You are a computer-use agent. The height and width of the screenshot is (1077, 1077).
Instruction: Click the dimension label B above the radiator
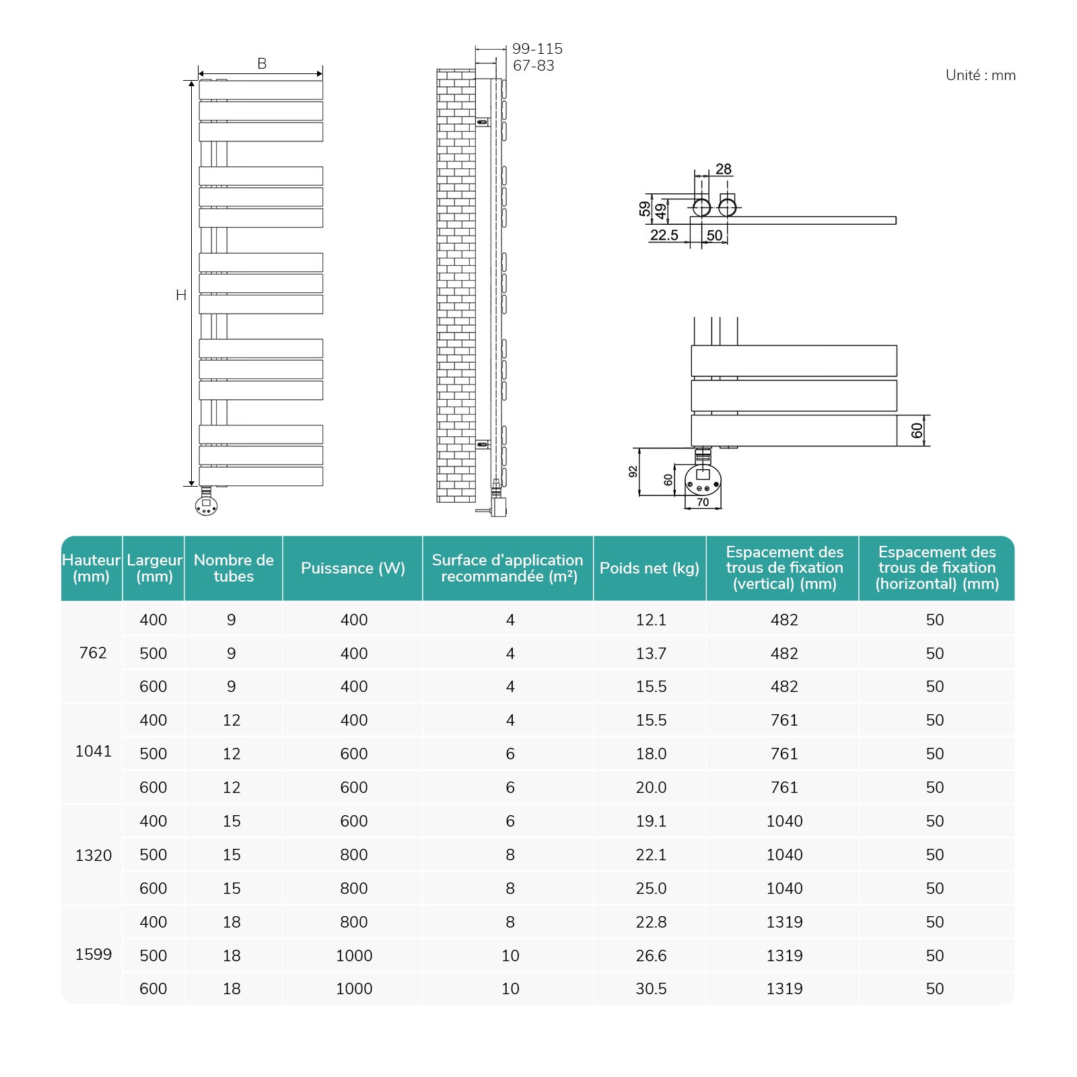(262, 63)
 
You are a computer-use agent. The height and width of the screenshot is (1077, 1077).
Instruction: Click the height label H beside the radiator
(180, 295)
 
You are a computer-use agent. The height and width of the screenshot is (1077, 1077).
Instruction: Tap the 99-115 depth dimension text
(537, 48)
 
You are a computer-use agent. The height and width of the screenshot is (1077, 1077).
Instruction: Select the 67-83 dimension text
(533, 65)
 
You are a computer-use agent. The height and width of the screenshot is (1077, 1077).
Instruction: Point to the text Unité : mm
(980, 75)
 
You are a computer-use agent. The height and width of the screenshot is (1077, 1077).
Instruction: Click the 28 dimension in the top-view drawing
(723, 169)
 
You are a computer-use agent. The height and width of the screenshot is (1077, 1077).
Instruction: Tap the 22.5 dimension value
(664, 235)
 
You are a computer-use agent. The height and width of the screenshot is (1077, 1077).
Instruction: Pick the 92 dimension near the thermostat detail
(633, 472)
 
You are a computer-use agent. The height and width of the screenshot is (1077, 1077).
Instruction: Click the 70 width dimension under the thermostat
(703, 502)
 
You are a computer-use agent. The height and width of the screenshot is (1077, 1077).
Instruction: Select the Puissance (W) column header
(353, 568)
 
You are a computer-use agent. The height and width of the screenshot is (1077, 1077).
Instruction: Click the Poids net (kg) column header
(649, 568)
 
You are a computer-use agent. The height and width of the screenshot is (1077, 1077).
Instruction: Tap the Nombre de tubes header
(234, 568)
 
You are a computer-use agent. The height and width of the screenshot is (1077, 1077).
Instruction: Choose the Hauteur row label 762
(93, 653)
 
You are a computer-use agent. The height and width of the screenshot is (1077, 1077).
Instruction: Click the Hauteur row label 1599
(94, 954)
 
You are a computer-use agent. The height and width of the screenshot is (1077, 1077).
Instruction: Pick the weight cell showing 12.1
(651, 620)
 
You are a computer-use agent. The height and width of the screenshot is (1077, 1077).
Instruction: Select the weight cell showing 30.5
(651, 989)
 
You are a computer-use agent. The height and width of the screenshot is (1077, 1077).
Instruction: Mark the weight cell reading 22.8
(651, 922)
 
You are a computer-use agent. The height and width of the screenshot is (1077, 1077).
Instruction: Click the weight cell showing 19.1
(651, 821)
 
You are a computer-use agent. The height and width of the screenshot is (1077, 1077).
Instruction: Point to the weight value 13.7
(651, 654)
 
